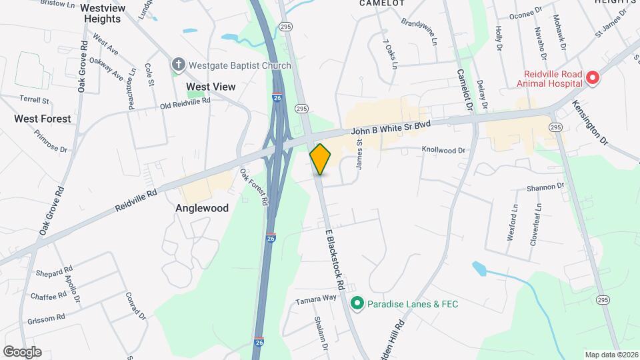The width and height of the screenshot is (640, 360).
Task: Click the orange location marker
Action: click(x=321, y=159)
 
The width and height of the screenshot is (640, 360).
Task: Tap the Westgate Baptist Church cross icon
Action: click(x=178, y=65)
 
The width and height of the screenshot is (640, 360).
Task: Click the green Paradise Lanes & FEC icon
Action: click(x=357, y=304)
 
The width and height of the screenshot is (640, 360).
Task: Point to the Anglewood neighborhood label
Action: click(x=201, y=208)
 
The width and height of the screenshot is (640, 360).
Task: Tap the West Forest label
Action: click(x=43, y=119)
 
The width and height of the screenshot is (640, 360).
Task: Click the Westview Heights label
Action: click(x=103, y=13)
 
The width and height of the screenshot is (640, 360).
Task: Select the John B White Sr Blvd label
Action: click(x=391, y=129)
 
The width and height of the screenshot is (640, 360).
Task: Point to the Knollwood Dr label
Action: click(x=443, y=151)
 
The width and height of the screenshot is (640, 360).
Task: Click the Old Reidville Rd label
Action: click(x=185, y=103)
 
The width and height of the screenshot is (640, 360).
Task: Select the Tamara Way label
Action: click(x=317, y=299)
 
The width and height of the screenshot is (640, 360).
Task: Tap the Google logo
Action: click(x=22, y=352)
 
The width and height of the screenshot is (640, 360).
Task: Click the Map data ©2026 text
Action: click(x=611, y=355)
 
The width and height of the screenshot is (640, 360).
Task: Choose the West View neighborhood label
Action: click(x=211, y=87)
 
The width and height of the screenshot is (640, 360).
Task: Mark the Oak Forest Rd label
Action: click(x=254, y=187)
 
